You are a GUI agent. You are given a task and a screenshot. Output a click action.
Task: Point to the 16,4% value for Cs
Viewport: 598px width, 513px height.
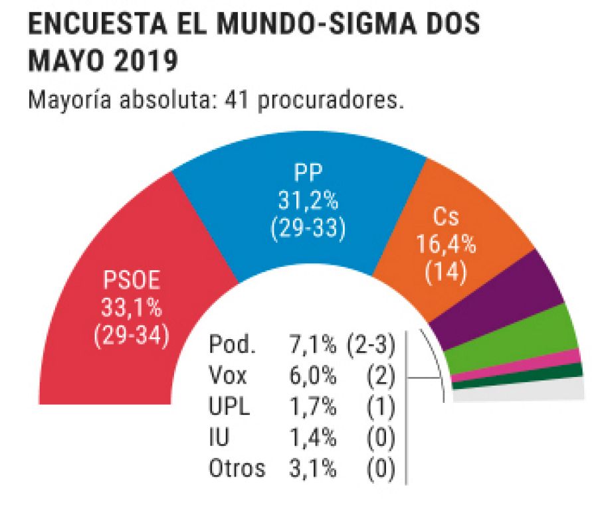pyautogui.click(x=446, y=245)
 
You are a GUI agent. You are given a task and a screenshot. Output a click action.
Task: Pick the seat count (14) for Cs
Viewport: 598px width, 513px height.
pyautogui.click(x=446, y=272)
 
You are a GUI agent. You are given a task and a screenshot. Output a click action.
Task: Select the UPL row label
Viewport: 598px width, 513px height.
pyautogui.click(x=229, y=407)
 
